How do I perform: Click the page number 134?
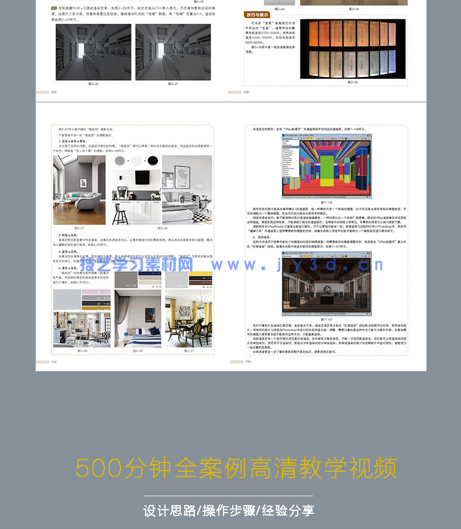coord(54,362)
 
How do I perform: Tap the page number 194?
coord(248,362)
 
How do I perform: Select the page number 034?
coord(54,92)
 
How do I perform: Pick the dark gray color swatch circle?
coord(121,161)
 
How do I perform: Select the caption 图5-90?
coord(137,351)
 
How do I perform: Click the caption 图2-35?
coord(353,82)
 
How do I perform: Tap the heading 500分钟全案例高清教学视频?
coord(236,468)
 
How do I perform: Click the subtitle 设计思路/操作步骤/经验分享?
coord(229,510)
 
